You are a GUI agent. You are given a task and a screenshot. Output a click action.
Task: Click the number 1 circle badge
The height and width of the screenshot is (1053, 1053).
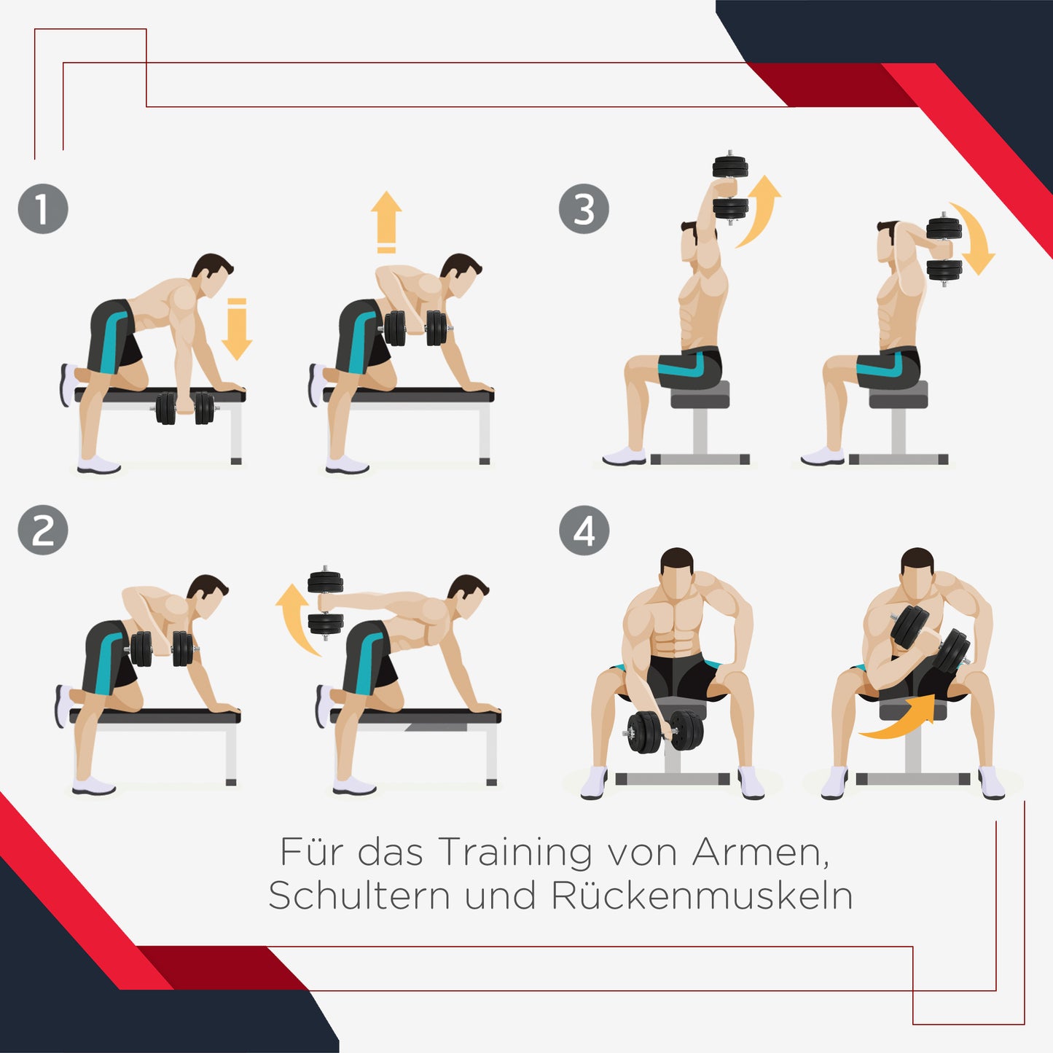point(43,208)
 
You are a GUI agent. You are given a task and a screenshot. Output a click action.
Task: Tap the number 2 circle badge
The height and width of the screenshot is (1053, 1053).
point(43,530)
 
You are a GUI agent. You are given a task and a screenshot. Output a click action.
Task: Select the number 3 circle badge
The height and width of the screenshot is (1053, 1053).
point(584,209)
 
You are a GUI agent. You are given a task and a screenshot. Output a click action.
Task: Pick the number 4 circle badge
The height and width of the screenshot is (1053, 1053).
point(584,531)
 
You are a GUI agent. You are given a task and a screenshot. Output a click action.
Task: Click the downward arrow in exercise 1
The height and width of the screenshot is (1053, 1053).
point(236,329)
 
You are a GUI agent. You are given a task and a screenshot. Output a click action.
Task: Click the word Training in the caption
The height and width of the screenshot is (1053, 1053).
point(515,852)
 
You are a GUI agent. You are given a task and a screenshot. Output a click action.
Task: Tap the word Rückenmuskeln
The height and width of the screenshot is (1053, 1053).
point(702,896)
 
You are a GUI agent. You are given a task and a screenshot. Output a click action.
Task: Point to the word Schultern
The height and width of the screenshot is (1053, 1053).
point(359,896)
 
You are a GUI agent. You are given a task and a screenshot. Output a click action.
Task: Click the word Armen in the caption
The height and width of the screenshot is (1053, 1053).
point(760,852)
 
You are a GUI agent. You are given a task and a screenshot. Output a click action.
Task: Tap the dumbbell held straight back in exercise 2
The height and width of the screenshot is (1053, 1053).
point(325,603)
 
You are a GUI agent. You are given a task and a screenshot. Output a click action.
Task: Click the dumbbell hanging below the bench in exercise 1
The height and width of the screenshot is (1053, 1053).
point(185,408)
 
